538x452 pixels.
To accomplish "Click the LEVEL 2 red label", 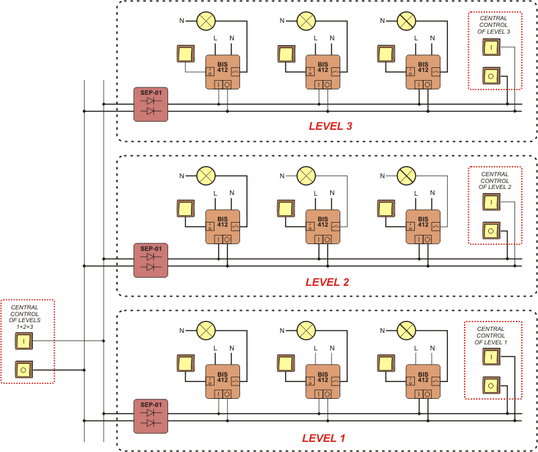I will pos(327,282).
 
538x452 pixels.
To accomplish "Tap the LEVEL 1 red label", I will pos(323,438).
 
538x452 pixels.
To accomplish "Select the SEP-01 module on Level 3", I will pos(151,104).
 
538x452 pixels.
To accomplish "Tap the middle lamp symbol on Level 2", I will pos(307,176).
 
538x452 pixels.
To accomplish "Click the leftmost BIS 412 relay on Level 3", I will pos(223,72).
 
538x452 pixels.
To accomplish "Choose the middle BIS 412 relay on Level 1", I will pos(323,383).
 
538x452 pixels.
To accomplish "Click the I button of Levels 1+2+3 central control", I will pos(24,342).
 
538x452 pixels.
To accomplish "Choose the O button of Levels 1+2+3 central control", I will pos(24,369).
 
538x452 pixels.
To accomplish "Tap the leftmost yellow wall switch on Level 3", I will pos(184,53).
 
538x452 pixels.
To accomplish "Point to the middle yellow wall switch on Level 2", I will pos(286,209).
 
